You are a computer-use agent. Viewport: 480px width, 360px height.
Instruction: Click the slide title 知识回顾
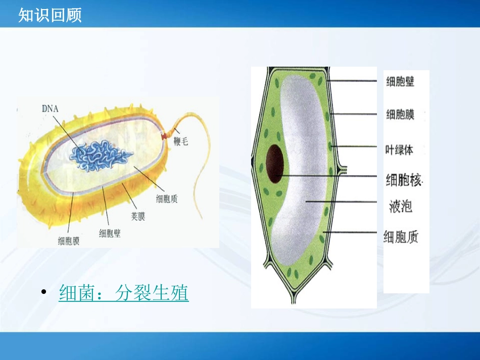(50, 16)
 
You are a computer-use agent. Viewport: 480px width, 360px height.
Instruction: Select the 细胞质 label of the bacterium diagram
(167, 198)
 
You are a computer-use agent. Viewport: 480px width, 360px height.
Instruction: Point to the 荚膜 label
(134, 217)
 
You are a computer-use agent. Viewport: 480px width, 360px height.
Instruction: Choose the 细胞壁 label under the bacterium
(110, 233)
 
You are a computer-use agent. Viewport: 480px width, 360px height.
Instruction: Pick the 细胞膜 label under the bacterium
(69, 241)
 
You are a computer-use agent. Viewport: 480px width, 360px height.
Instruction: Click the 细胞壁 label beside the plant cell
(400, 81)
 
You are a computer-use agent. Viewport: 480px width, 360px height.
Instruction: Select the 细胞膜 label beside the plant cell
(400, 115)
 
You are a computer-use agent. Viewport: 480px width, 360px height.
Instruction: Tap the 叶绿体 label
(399, 149)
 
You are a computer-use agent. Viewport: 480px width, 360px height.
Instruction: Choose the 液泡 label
(401, 206)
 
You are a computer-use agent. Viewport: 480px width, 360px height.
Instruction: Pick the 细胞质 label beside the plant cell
(401, 236)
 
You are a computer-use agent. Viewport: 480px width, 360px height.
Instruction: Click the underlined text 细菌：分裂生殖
(124, 293)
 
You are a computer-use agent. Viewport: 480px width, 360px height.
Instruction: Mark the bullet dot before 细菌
(44, 293)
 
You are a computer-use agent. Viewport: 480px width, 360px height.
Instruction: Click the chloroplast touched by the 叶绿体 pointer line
(330, 146)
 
